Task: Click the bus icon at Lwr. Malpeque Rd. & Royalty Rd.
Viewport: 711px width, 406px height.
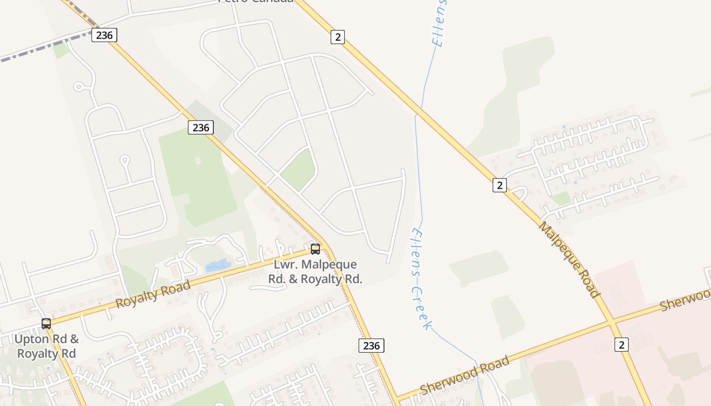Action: [x=315, y=249]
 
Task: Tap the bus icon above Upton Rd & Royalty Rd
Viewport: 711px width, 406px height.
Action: [x=46, y=323]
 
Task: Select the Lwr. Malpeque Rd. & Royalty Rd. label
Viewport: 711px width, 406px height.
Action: [x=315, y=272]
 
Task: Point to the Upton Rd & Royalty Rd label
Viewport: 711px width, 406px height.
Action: [x=47, y=346]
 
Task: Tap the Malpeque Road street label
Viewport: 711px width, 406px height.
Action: [x=569, y=259]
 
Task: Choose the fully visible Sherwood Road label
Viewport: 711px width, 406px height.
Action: [x=464, y=375]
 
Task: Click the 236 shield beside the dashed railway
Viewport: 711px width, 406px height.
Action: [x=104, y=35]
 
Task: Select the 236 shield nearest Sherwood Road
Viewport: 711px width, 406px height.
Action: [x=371, y=346]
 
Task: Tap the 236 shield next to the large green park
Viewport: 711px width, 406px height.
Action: [x=201, y=127]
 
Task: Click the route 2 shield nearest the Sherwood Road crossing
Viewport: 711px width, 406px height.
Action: [x=621, y=345]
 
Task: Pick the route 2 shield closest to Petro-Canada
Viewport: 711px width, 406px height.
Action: [x=337, y=37]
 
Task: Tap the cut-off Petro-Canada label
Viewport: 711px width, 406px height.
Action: [x=255, y=2]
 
